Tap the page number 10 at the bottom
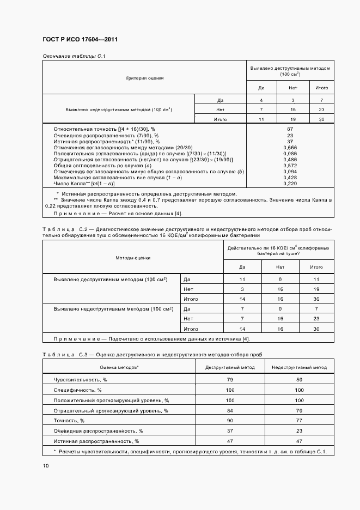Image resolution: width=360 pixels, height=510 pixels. [45, 466]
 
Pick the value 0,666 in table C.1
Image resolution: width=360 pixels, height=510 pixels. [290, 147]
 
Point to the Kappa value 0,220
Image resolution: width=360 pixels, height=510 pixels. [290, 184]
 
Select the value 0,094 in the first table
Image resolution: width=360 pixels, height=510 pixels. [290, 172]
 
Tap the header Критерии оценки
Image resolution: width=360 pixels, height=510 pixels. [144, 78]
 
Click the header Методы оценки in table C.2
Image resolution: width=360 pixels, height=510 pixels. [133, 257]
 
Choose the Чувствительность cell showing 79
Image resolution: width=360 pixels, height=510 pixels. [230, 379]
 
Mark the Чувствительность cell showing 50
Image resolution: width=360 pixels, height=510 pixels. [299, 379]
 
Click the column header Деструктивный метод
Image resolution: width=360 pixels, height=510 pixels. [230, 367]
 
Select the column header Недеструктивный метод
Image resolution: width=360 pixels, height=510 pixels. [299, 367]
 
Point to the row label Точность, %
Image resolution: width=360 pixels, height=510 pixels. [69, 421]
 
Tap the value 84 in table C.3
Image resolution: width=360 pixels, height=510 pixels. [230, 410]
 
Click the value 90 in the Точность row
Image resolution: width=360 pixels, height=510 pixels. [230, 421]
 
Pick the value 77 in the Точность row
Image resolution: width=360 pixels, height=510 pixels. [299, 421]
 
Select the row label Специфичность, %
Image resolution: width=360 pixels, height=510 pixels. [75, 390]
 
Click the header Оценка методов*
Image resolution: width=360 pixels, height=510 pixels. [119, 367]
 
